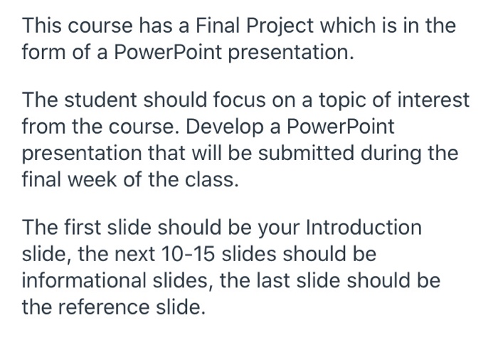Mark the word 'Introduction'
click(x=363, y=228)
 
